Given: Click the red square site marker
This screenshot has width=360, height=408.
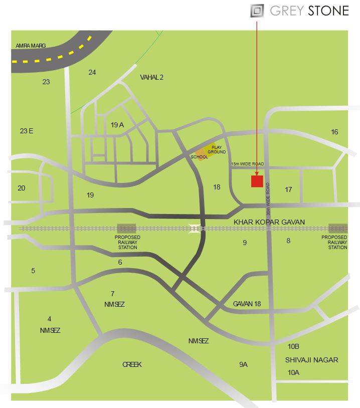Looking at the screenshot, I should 257,181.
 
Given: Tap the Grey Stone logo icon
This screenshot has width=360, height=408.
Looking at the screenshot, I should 257,11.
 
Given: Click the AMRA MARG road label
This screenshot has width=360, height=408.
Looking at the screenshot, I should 31,46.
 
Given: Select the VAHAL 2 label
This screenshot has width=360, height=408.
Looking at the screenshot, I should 152,77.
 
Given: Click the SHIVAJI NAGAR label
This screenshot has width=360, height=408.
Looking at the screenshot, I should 311,360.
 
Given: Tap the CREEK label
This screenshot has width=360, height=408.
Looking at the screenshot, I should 132,364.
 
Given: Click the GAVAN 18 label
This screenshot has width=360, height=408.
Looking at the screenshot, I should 247,304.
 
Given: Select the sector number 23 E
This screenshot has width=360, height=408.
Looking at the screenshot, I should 27,131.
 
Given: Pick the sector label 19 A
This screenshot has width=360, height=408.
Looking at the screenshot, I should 117,125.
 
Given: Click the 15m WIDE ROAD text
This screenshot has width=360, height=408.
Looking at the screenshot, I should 247,164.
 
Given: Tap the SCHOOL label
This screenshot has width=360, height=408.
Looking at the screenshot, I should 199,157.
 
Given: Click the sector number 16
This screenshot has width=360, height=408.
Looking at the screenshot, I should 334,132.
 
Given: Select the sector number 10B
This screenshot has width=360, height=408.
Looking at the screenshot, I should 293,346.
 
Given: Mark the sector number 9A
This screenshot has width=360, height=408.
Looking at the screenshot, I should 243,364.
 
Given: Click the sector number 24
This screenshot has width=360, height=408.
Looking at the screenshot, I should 92,72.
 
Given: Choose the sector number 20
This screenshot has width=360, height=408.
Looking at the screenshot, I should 21,188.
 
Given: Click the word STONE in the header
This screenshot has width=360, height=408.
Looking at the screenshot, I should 328,11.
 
